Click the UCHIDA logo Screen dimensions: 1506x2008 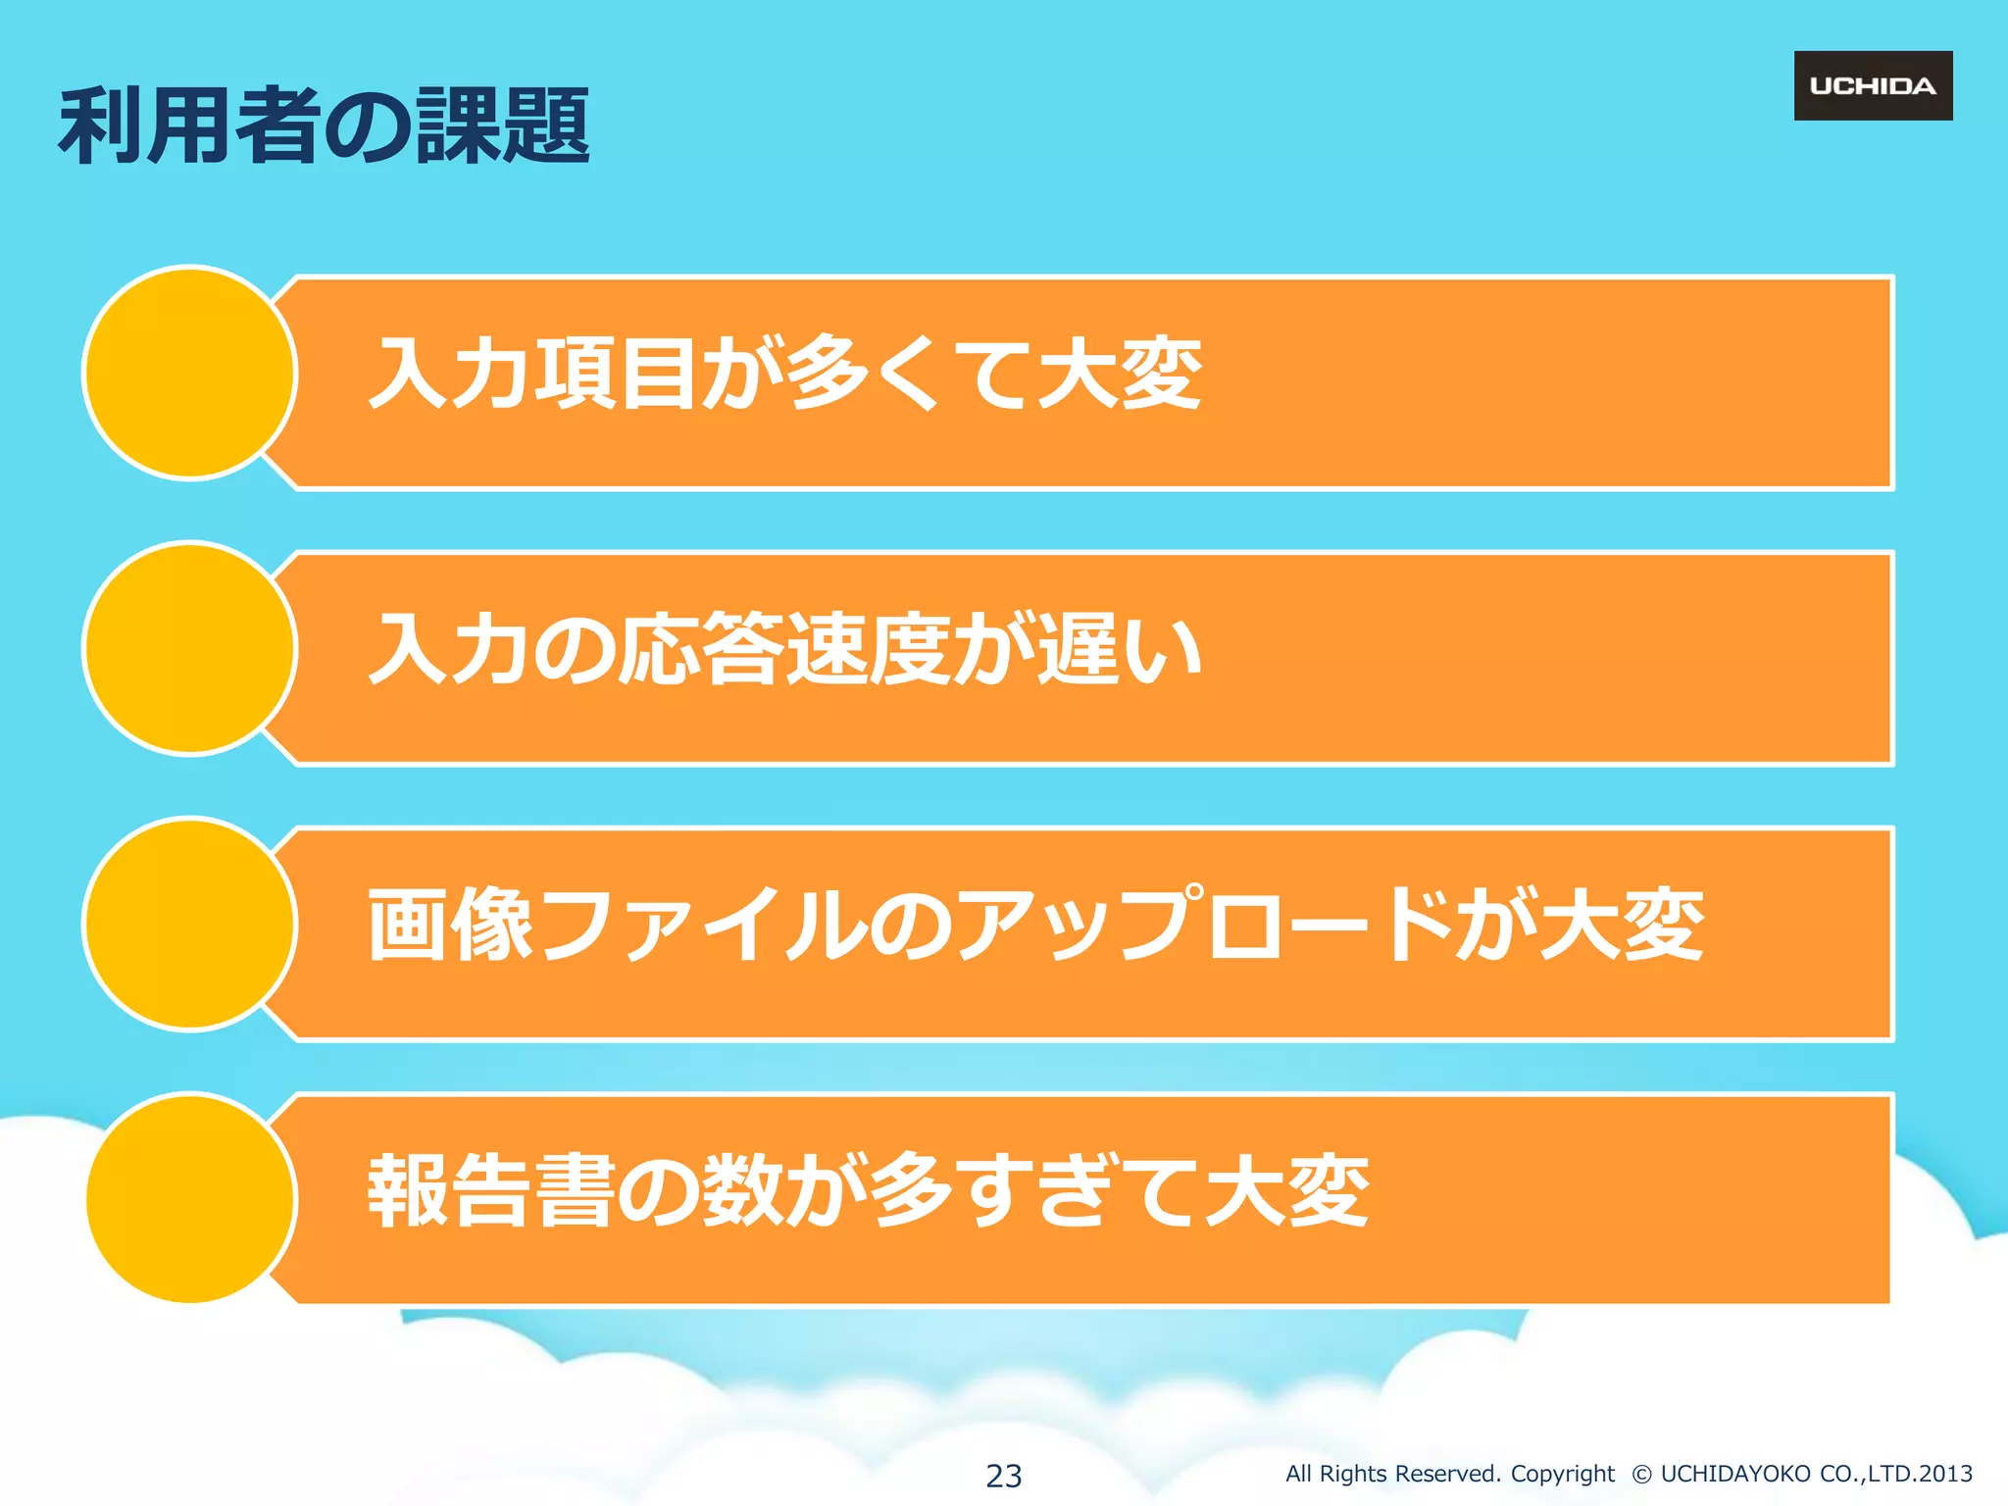pos(1873,86)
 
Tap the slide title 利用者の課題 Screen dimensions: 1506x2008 pos(324,125)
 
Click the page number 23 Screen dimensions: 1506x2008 pos(1003,1476)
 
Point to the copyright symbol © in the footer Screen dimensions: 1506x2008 pos(1641,1474)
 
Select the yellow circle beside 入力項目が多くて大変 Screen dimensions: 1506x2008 pos(190,373)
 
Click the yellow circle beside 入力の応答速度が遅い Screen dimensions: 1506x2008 pos(190,648)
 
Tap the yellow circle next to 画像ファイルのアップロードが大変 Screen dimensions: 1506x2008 pos(190,924)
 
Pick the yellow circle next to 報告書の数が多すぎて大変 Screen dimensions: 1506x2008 pos(190,1198)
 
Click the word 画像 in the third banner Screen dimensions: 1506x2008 pos(451,924)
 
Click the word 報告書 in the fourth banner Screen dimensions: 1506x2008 pos(492,1190)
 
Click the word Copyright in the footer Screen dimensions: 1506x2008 pos(1562,1474)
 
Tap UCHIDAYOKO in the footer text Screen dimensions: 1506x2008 pos(1735,1474)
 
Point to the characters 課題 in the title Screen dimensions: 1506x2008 pos(503,125)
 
